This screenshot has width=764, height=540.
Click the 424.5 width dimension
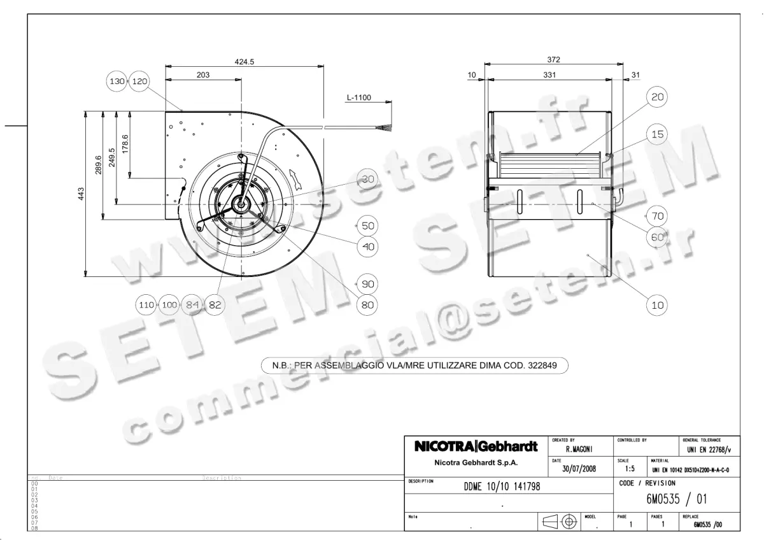coord(244,62)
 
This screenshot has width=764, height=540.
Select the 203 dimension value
coord(202,75)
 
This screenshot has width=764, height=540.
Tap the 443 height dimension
coord(81,194)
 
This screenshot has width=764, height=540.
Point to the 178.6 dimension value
coord(125,145)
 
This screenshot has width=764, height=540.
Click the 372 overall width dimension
coord(553,60)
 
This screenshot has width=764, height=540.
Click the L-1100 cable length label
coord(359,98)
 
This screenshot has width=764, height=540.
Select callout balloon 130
coord(118,82)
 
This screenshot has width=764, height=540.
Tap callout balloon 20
coord(658,97)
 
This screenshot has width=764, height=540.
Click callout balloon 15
coord(658,134)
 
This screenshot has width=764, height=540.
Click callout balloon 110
coord(146,305)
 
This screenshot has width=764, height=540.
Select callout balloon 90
coord(367,284)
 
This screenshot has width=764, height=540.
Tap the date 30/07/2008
coord(579,469)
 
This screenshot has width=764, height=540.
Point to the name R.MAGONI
coord(579,450)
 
